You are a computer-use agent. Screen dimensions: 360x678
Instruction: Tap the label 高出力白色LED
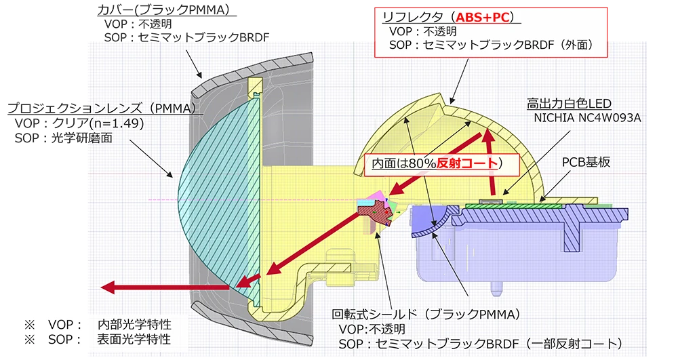point(569,104)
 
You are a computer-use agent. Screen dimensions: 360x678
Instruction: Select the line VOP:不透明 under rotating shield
point(372,329)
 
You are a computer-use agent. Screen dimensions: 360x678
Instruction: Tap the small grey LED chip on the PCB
point(486,201)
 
